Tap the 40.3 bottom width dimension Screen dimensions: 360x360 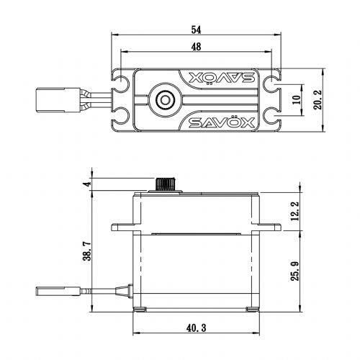pyautogui.click(x=195, y=329)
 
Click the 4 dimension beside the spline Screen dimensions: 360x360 pyautogui.click(x=88, y=184)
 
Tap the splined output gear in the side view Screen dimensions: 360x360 pyautogui.click(x=167, y=184)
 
